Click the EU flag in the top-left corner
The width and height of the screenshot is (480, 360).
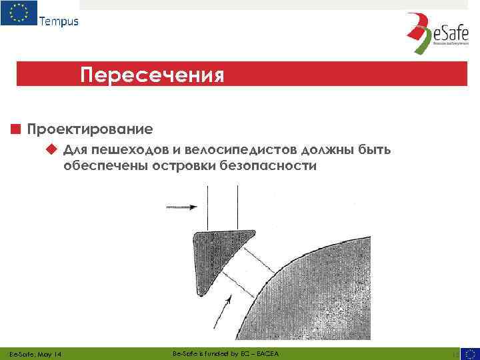18,13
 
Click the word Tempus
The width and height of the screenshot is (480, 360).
59,21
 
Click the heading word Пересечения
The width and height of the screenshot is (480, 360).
152,73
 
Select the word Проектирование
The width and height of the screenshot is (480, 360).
90,127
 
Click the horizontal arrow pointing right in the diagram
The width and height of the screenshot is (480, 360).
181,208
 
